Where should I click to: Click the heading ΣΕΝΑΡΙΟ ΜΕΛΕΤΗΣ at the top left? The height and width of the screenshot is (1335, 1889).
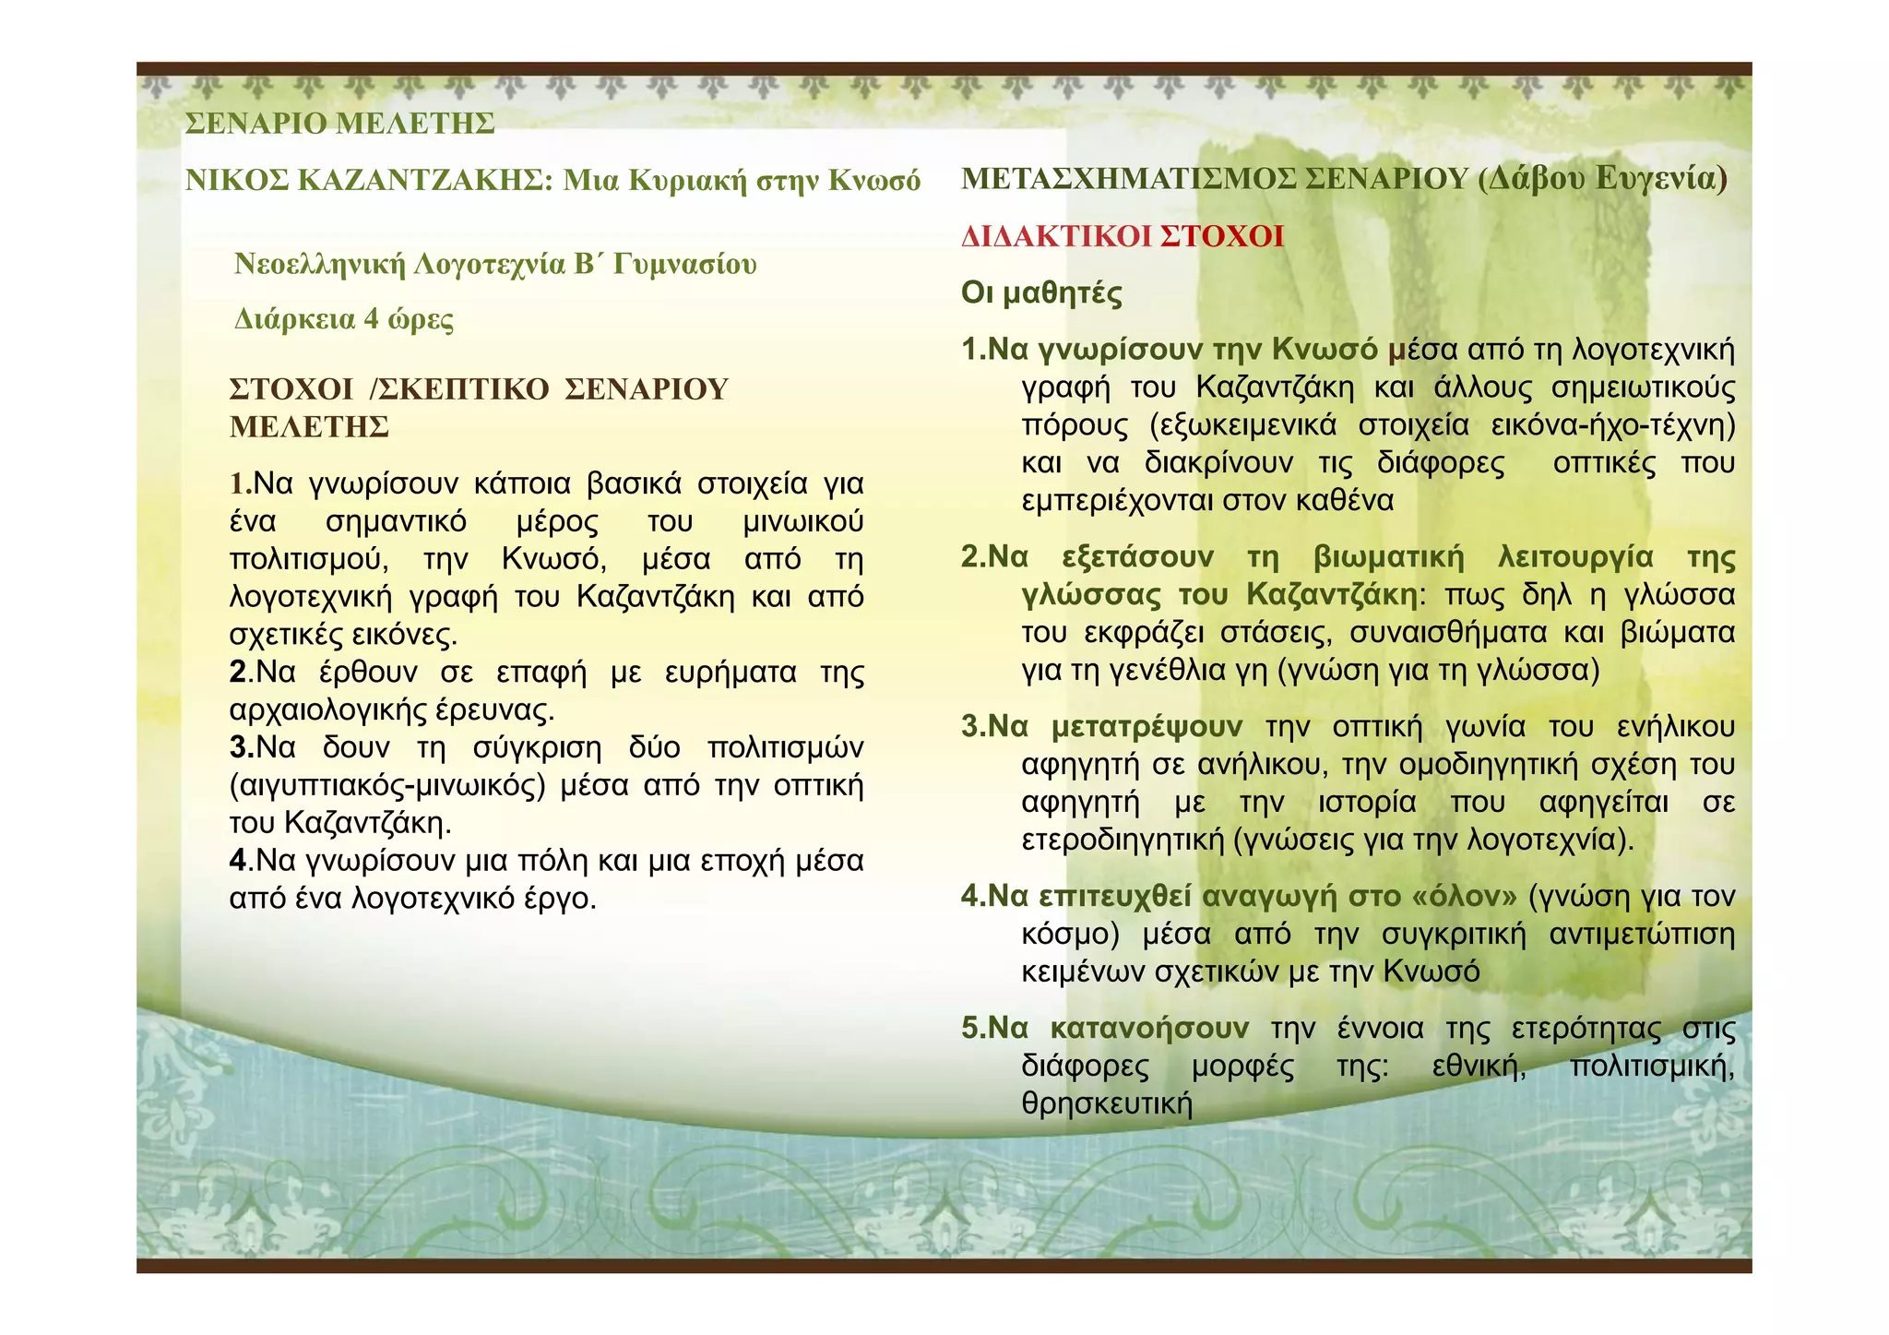(x=339, y=124)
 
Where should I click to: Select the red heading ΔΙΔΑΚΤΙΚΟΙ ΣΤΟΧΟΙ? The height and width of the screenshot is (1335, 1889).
(x=1123, y=237)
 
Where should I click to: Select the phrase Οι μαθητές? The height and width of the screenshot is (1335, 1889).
(x=1041, y=294)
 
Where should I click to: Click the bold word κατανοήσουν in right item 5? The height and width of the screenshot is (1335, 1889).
(x=1149, y=1029)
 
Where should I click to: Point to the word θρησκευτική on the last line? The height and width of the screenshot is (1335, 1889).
(x=1107, y=1104)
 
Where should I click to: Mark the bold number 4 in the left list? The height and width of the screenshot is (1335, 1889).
(x=238, y=861)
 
